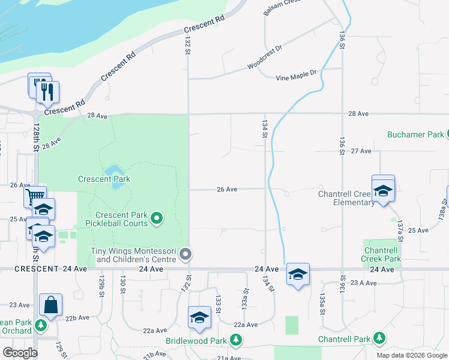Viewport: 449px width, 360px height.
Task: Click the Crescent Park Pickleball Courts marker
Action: click(157, 218)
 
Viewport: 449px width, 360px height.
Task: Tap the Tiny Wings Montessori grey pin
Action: click(186, 254)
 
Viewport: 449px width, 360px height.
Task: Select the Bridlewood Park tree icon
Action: click(237, 340)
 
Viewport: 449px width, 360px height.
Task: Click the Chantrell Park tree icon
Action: click(379, 339)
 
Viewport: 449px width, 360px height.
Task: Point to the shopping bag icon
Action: click(51, 305)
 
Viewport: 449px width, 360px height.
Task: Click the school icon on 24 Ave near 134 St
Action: click(298, 274)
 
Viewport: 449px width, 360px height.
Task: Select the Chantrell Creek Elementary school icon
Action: click(383, 192)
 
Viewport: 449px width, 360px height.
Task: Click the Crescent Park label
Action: click(104, 179)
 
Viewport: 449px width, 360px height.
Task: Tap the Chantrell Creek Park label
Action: click(382, 254)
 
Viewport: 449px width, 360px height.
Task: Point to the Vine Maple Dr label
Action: click(296, 75)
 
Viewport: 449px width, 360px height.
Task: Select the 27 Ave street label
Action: click(361, 151)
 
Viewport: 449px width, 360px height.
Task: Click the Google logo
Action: click(20, 353)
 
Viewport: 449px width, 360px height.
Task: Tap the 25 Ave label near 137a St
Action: click(418, 230)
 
